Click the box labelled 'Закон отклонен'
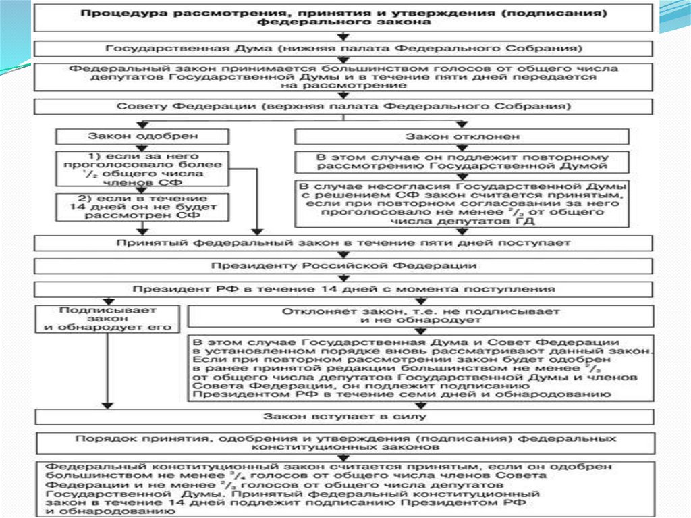[462, 136]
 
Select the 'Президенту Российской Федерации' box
[344, 265]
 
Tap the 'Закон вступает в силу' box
[344, 415]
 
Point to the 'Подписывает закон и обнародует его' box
[107, 319]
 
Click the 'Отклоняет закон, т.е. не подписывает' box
[420, 316]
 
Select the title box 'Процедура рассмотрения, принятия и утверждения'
[344, 17]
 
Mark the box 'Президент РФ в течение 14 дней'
[344, 289]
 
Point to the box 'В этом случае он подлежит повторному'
[462, 161]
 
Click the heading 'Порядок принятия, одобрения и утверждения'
[344, 442]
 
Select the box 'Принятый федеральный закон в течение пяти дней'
[344, 242]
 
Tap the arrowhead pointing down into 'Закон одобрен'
[142, 124]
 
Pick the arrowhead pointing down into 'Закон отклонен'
[462, 124]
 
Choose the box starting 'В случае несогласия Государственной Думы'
[462, 203]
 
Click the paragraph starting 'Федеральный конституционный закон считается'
[344, 488]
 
